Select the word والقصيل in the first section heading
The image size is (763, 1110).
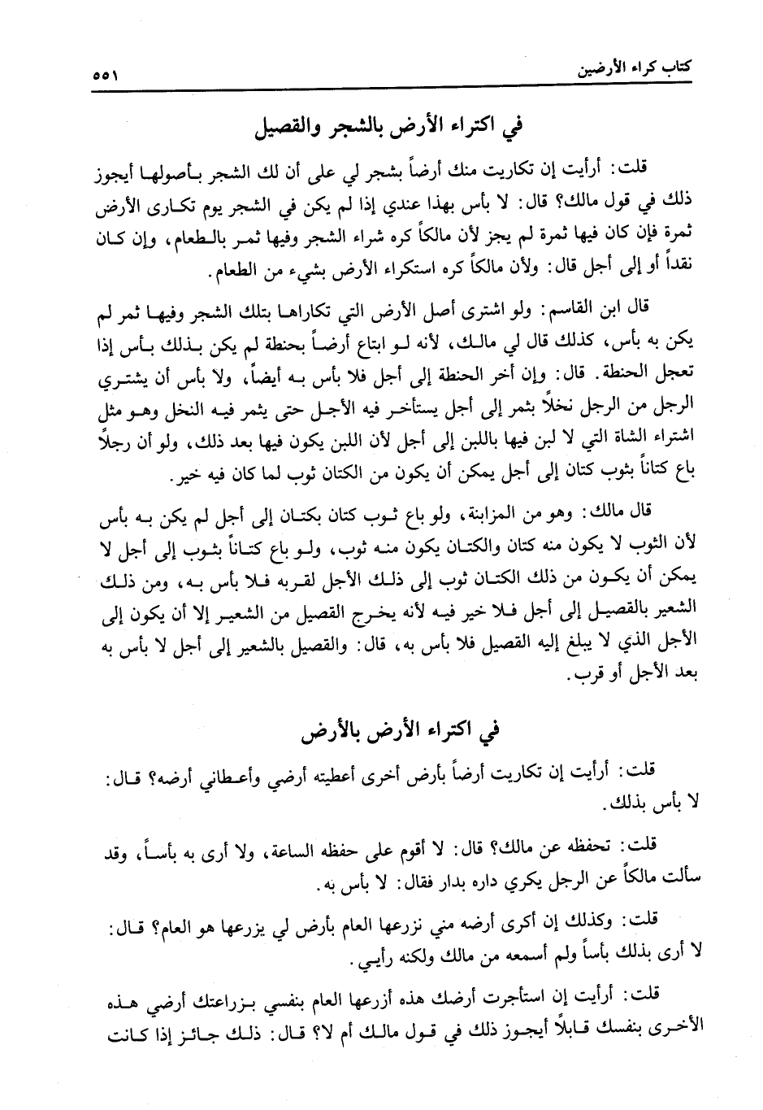[285, 128]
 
